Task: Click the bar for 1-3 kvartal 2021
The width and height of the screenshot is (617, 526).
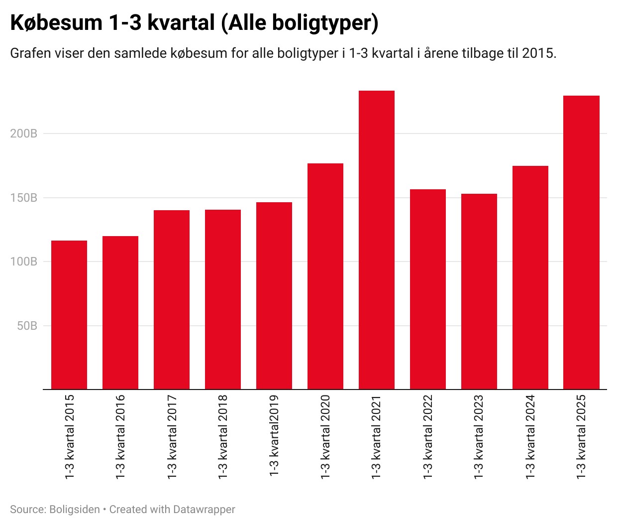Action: point(377,240)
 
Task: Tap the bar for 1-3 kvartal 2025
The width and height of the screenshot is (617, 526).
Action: point(581,242)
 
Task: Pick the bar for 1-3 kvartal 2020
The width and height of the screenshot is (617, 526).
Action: point(325,276)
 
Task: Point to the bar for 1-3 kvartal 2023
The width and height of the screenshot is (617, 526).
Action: point(479,291)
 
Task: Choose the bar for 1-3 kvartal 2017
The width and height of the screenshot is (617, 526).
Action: point(172,299)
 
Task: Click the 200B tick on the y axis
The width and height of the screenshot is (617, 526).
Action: point(24,133)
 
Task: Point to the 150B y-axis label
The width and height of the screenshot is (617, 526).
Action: point(24,198)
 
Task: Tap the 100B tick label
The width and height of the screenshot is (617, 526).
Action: point(24,262)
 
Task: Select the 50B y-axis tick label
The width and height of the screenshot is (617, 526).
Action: point(27,326)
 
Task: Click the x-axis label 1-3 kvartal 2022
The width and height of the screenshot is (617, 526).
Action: point(428,437)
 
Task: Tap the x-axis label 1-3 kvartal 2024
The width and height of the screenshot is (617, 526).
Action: point(530,437)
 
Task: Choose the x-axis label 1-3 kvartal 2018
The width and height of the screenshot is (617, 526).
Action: point(223,437)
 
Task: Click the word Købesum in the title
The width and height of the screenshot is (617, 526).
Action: point(53,23)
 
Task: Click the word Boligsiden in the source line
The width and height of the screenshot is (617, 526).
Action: point(75,510)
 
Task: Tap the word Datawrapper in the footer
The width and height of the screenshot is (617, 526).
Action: point(204,510)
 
